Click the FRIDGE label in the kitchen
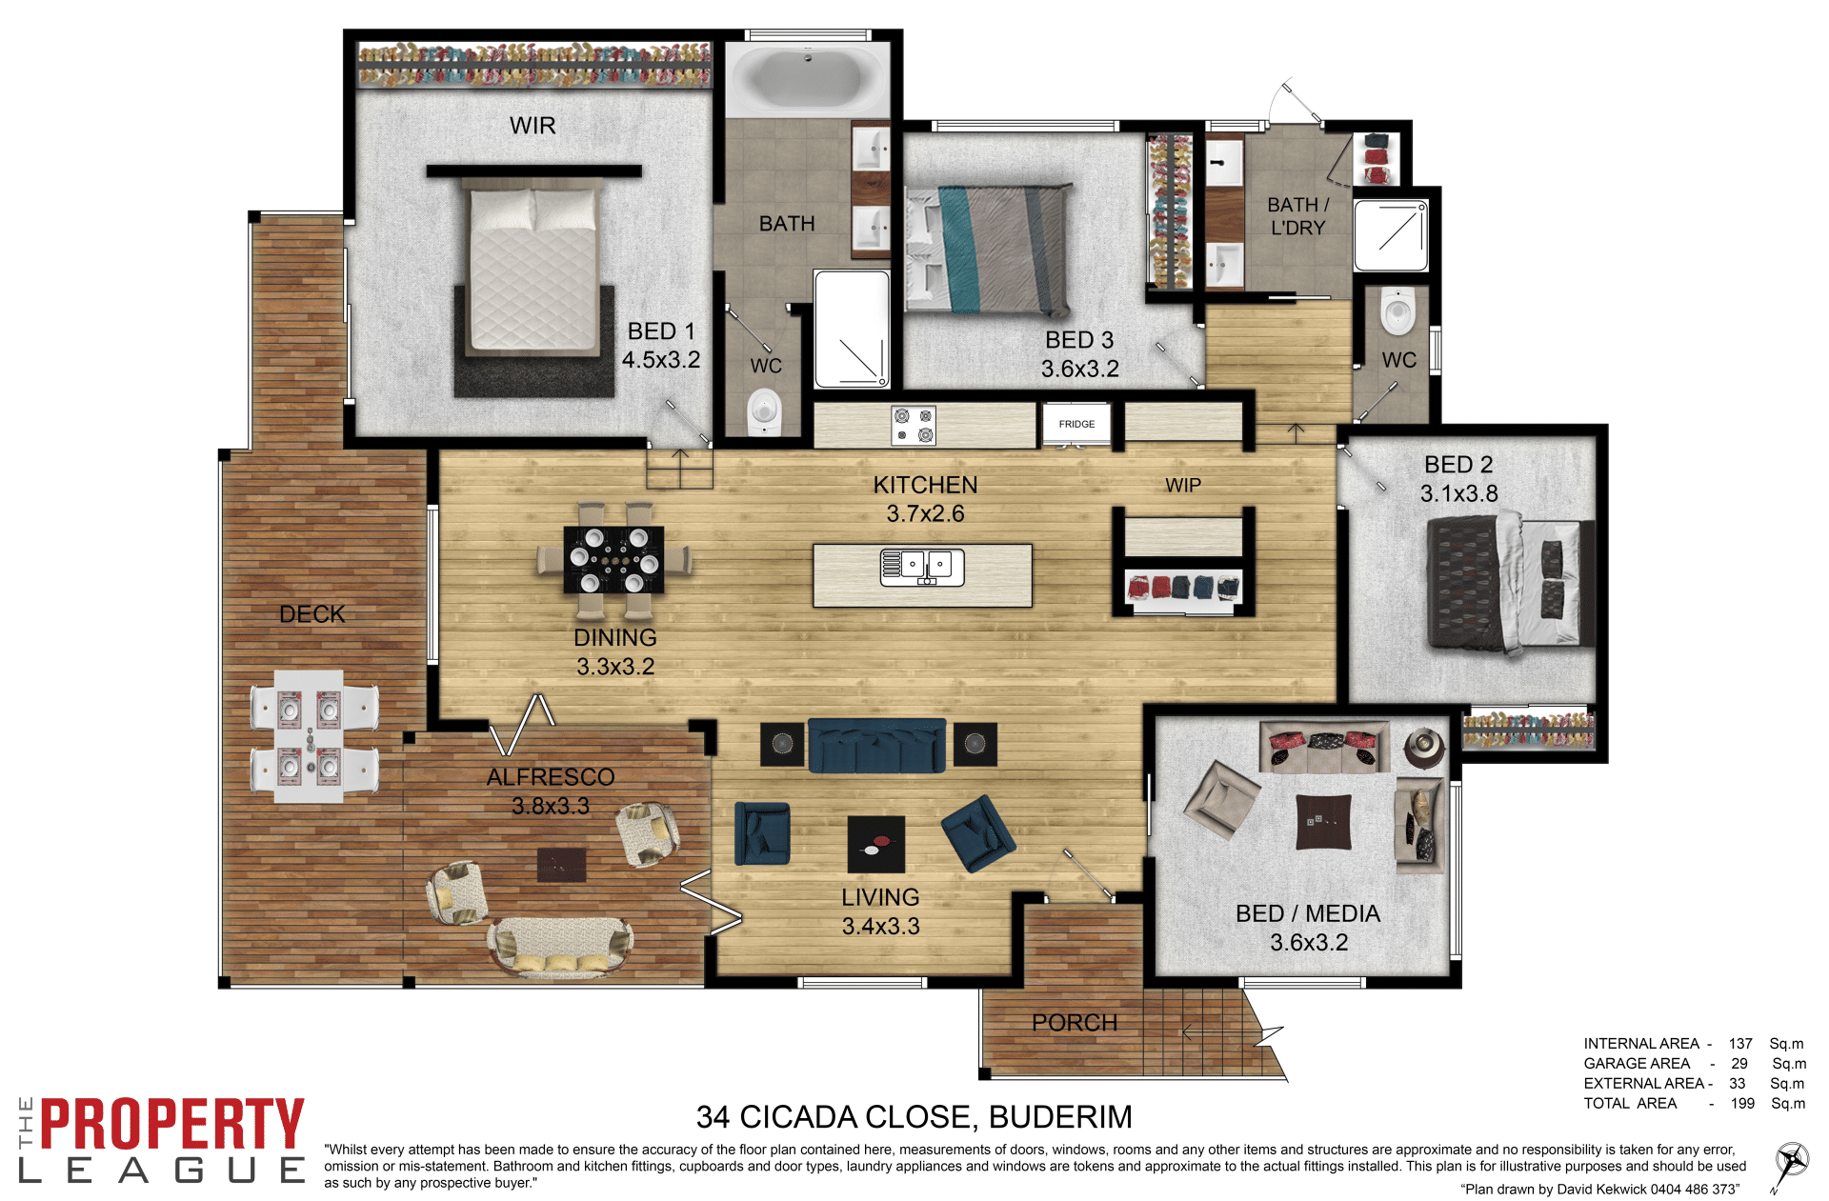point(1076,424)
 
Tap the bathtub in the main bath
point(808,79)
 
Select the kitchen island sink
point(922,567)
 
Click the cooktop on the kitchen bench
point(914,426)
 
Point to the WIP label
point(1183,485)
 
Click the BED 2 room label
point(1458,465)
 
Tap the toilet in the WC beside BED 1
point(764,411)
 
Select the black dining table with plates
point(613,560)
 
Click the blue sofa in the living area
point(876,745)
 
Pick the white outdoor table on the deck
point(309,736)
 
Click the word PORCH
point(1075,1023)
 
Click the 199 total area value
point(1742,1103)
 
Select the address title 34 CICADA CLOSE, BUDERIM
point(914,1116)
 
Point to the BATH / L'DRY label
point(1297,216)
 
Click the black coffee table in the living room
point(876,845)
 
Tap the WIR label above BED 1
point(533,126)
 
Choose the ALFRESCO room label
point(551,777)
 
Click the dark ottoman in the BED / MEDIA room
point(1324,822)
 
